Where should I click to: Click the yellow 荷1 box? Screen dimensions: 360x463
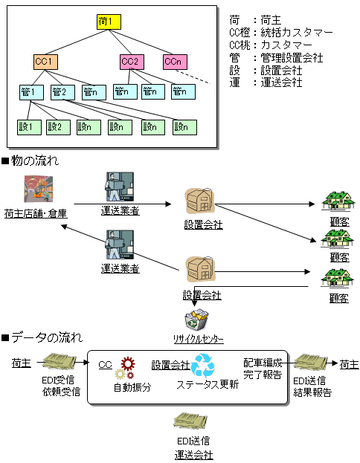click(109, 22)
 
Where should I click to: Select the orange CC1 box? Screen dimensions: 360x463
click(45, 62)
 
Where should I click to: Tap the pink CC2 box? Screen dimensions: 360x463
click(132, 62)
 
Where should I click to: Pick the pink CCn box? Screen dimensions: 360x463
click(175, 62)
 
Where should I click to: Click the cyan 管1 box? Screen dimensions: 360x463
click(31, 92)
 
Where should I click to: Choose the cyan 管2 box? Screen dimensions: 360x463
click(62, 92)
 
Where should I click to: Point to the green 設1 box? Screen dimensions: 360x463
click(29, 127)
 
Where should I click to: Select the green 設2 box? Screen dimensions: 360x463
click(58, 127)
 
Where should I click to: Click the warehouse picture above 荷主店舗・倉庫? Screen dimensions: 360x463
click(39, 189)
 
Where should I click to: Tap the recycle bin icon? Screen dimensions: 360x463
click(196, 320)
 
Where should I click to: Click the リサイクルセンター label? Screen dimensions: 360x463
click(199, 340)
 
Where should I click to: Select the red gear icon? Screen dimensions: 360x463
click(128, 364)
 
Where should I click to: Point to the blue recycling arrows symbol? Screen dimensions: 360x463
click(202, 366)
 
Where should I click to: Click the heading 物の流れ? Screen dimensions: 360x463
click(35, 161)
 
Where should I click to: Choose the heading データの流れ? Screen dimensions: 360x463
click(47, 337)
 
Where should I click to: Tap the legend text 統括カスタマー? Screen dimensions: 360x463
click(297, 32)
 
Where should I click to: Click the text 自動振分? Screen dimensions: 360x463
click(132, 387)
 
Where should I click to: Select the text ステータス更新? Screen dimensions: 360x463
click(208, 384)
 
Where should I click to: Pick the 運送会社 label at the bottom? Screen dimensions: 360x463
click(193, 455)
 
